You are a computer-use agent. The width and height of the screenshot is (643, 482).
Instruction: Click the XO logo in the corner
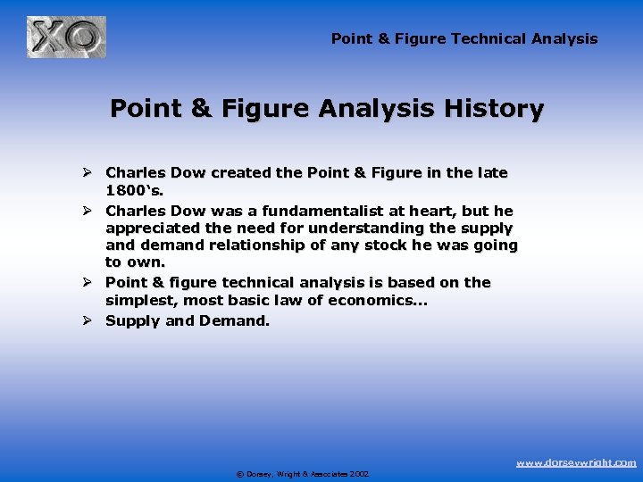[66, 38]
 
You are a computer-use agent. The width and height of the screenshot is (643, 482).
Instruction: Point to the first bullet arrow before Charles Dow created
[87, 171]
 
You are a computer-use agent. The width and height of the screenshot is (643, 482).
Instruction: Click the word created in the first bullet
[270, 171]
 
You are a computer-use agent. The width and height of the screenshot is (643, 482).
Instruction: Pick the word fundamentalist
[342, 211]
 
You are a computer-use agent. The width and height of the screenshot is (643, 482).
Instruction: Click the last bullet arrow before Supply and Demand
[87, 320]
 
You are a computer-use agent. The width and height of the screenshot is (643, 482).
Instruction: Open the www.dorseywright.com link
[577, 462]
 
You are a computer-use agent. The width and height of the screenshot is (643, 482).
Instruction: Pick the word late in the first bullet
[491, 171]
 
